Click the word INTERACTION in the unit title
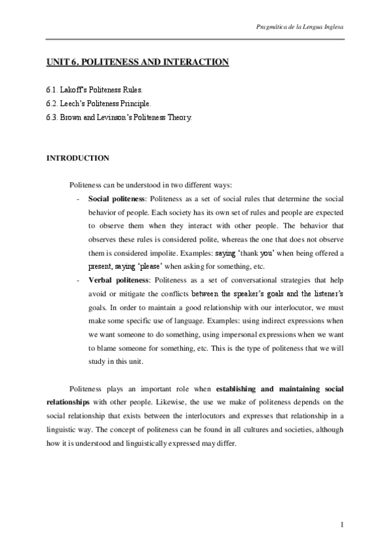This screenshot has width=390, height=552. pyautogui.click(x=200, y=63)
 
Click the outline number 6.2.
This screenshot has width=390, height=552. pyautogui.click(x=51, y=103)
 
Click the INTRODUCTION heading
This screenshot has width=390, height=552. pyautogui.click(x=77, y=158)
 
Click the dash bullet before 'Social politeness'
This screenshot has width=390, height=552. pyautogui.click(x=79, y=197)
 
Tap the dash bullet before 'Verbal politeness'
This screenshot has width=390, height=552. pyautogui.click(x=79, y=279)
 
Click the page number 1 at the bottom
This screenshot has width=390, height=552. pyautogui.click(x=342, y=523)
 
